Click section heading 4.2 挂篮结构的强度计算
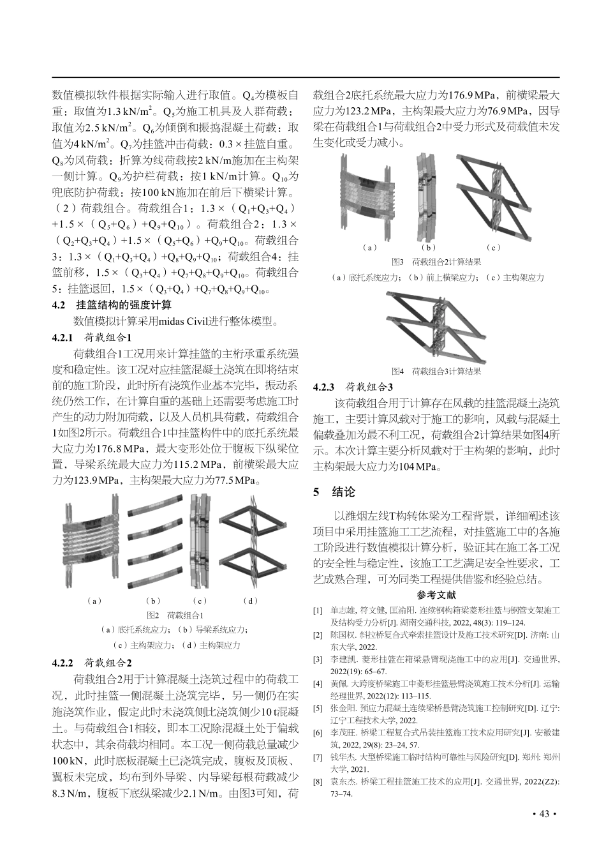pos(111,305)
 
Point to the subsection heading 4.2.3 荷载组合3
pos(353,387)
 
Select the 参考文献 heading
pos(436,595)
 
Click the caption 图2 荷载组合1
pos(175,615)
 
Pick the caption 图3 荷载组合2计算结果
pos(436,262)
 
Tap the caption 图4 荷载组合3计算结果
pos(436,371)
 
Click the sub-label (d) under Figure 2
pos(251,601)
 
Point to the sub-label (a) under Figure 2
pos(94,601)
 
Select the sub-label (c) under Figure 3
pos(493,247)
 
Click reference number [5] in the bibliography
pos(318,708)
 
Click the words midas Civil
pos(189,321)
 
